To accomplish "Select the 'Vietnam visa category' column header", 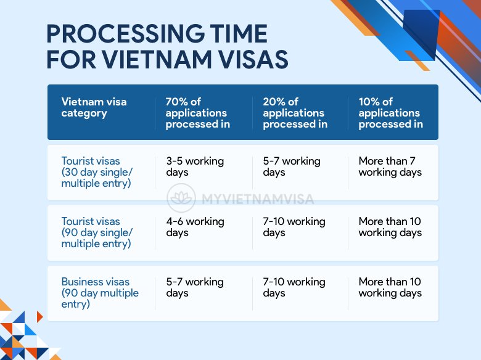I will click(94, 107).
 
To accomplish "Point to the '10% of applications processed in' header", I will click(390, 113).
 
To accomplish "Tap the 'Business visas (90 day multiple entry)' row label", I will click(100, 293).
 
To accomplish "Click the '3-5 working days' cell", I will click(194, 166).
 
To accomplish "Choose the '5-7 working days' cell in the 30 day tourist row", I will click(292, 166).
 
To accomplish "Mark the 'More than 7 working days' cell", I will click(390, 166).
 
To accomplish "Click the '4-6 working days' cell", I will click(194, 227).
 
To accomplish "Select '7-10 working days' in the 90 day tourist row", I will click(294, 227).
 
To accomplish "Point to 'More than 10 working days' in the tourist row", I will click(390, 227).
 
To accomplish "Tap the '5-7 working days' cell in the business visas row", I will click(194, 287).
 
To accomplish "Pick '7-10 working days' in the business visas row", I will click(294, 287).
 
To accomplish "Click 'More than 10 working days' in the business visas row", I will click(390, 287).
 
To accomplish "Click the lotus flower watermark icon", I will click(182, 200).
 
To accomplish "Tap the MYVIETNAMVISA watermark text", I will click(258, 200).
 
